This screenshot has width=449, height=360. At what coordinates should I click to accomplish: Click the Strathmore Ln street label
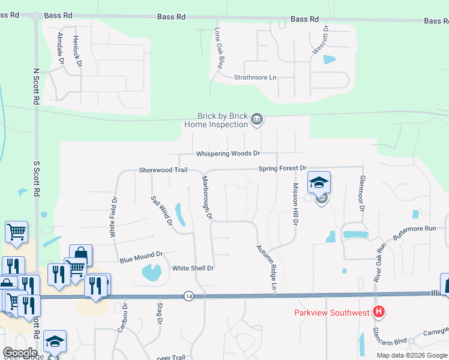pos(255,77)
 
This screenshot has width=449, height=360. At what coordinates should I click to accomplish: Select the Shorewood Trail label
pos(163,170)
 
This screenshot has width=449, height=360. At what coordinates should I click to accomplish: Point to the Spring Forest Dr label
pos(283,169)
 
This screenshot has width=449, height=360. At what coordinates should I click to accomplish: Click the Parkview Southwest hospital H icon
pos(379,312)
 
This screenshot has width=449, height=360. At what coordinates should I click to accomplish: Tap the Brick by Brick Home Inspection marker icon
pos(257,119)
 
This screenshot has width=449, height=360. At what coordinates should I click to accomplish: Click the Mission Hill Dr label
pos(295,204)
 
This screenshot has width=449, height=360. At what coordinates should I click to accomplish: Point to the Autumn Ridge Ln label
pos(266,269)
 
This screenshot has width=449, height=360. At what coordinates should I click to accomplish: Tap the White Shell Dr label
pos(193,268)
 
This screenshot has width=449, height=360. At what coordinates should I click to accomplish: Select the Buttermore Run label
pos(414,233)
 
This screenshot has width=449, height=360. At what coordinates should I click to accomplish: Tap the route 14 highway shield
pos(189,296)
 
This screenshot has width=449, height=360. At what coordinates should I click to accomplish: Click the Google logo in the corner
pos(20,352)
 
